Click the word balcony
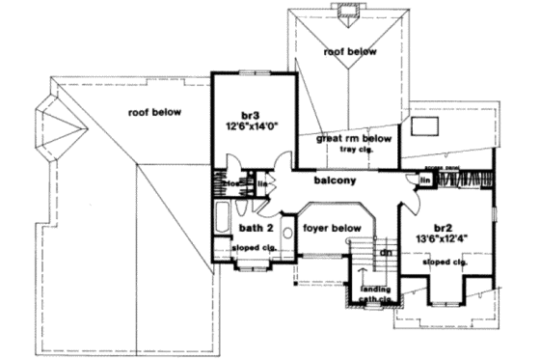pyautogui.click(x=334, y=180)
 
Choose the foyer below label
pyautogui.click(x=332, y=229)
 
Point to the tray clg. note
pyautogui.click(x=356, y=150)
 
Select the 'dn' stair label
pyautogui.click(x=384, y=252)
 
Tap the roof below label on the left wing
pyautogui.click(x=154, y=112)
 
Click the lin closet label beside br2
pyautogui.click(x=424, y=180)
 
